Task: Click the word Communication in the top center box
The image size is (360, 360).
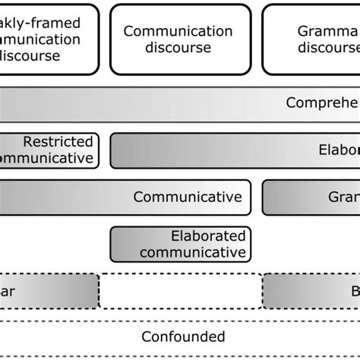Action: click(178, 31)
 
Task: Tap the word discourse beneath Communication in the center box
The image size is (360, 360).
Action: click(178, 48)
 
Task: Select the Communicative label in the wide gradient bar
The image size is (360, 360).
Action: click(188, 197)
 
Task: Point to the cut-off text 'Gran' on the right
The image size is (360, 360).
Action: click(343, 197)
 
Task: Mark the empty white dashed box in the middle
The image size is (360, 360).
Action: click(181, 291)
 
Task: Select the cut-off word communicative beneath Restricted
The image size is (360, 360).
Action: click(47, 158)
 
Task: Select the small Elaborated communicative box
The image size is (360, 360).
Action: click(181, 244)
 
